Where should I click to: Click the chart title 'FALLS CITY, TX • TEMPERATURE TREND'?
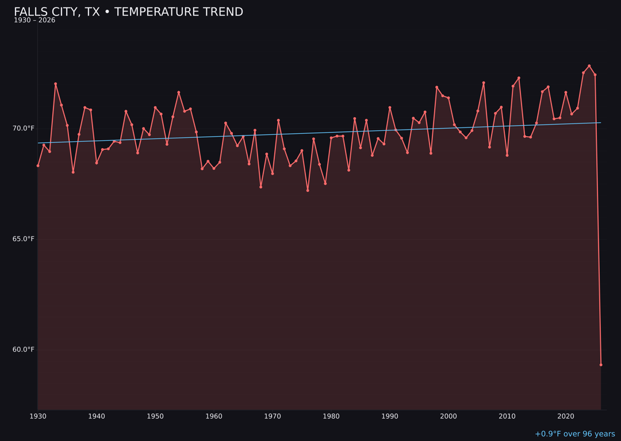pos(128,12)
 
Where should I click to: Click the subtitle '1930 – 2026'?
pos(34,21)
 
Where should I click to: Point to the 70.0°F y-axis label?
pos(24,128)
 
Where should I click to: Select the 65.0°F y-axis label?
pos(24,239)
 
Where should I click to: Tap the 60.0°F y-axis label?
pos(24,350)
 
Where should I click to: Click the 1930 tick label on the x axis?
pos(38,416)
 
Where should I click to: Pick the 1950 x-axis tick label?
pos(155,416)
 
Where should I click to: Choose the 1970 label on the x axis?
pos(273,416)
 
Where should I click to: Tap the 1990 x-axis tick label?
pos(390,416)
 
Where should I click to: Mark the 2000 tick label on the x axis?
pos(448,416)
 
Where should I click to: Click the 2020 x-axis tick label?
pos(566,416)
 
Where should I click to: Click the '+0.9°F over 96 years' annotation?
pos(574,434)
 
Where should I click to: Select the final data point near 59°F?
pos(601,365)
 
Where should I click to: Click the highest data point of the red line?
pos(589,66)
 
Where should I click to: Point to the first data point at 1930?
pos(38,165)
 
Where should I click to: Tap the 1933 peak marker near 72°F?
pos(56,84)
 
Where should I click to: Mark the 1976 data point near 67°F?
pos(308,190)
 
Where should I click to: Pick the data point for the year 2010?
pos(507,155)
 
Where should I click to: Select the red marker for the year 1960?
pos(214,168)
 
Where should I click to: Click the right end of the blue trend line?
pos(601,122)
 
